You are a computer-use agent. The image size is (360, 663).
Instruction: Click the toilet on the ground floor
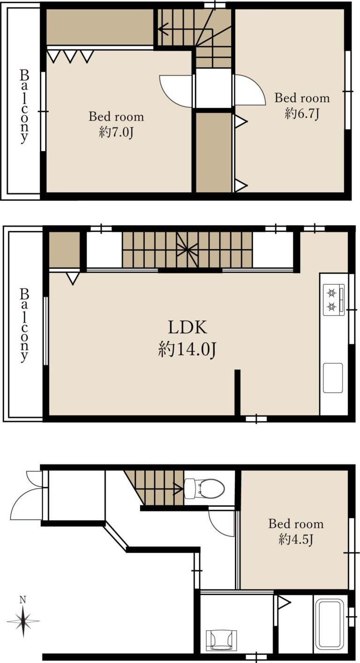(204, 488)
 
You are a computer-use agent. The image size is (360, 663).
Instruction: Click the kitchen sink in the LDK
(333, 377)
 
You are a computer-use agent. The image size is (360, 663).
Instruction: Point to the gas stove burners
(332, 300)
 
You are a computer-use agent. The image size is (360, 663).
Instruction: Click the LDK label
(187, 327)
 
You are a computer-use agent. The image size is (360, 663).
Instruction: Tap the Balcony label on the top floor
(24, 106)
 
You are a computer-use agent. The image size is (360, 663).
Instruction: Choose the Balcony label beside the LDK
(24, 325)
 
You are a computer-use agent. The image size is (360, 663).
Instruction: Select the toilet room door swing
(221, 523)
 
